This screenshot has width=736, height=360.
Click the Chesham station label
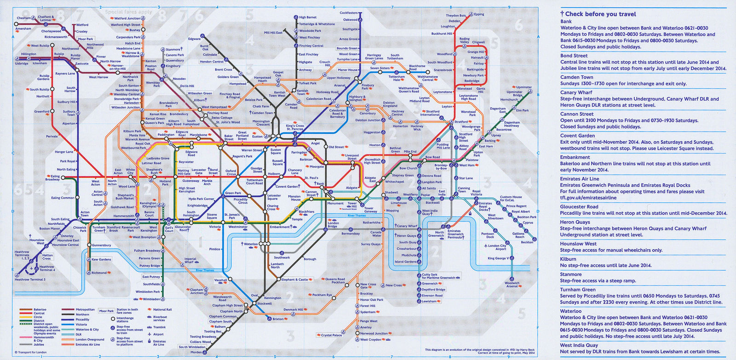tap(23, 18)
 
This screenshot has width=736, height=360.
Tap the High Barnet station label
tap(308, 17)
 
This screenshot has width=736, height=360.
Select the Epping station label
tap(479, 14)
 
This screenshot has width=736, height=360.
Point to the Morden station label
tap(196, 352)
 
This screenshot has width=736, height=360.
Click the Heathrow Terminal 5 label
tap(30, 280)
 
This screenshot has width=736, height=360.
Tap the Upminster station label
tap(524, 87)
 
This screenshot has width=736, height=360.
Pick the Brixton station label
tap(278, 319)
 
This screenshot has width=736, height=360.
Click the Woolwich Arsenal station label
tap(512, 285)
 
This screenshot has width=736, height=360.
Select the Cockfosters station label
tap(349, 13)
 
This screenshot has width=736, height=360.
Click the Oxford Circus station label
tap(230, 172)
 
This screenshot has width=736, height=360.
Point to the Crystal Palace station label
tap(331, 335)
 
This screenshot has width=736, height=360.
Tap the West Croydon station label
tap(370, 340)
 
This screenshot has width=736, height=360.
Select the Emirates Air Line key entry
tap(87, 344)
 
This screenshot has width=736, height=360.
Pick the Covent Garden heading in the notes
tap(577, 136)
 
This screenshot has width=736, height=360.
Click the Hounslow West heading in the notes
tap(578, 244)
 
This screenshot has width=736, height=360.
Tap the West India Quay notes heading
tap(579, 345)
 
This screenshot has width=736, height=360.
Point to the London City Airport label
tap(497, 247)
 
